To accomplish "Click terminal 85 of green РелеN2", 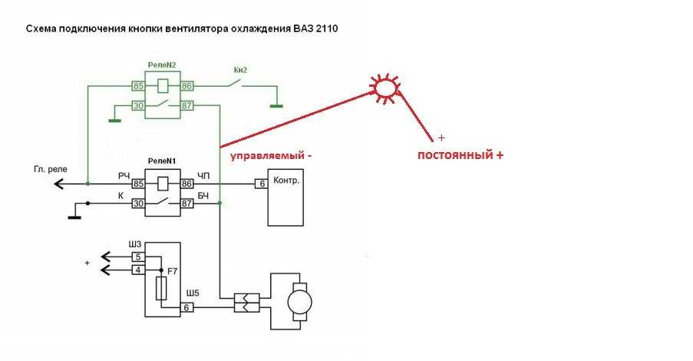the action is (138, 85).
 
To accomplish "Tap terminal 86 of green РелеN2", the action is (187, 85).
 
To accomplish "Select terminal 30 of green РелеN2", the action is (138, 106).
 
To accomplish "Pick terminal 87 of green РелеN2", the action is (187, 106).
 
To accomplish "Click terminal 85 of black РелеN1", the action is (138, 183).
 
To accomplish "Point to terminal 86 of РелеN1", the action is (187, 183).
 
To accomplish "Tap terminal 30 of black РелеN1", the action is (138, 204).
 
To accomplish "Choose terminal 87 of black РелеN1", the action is (187, 204).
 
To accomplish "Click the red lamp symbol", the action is (385, 88).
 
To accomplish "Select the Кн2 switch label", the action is (240, 70).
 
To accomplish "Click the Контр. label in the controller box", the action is (286, 180).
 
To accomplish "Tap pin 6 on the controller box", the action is (262, 183).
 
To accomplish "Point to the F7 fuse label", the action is (172, 270).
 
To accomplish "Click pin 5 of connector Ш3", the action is (138, 257).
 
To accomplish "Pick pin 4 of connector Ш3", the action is (138, 270).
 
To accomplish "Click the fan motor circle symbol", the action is (299, 303).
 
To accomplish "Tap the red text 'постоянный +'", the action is (460, 155).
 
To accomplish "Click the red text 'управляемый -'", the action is (271, 156).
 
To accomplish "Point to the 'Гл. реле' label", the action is (51, 169).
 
